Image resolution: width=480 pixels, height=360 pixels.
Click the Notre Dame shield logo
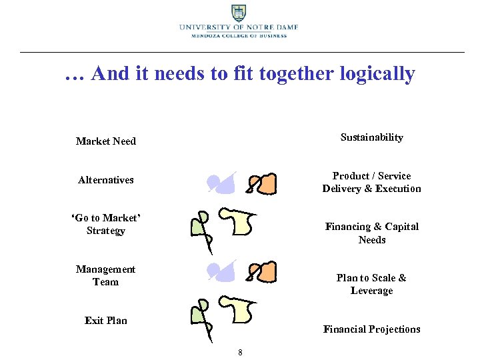coord(238,13)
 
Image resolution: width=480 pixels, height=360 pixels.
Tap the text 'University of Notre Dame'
coord(238,27)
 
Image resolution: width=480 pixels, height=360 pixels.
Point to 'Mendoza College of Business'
coord(239,36)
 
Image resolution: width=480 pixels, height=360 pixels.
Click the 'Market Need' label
coord(105,141)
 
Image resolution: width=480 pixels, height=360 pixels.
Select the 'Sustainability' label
coord(371,137)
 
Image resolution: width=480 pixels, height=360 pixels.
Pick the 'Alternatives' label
coord(105,180)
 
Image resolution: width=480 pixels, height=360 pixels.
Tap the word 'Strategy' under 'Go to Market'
coord(105,231)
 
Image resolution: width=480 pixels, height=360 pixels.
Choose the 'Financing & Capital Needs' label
coord(371,233)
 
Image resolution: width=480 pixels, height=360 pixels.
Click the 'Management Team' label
coord(105,275)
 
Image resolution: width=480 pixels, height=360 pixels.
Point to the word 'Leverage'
coord(371,291)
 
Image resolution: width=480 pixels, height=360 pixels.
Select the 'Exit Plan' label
coord(105,321)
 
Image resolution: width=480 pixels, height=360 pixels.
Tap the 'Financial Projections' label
coord(371,329)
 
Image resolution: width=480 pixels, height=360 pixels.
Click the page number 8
coord(240,352)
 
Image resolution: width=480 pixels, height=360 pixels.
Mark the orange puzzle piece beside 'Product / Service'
coord(265,184)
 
